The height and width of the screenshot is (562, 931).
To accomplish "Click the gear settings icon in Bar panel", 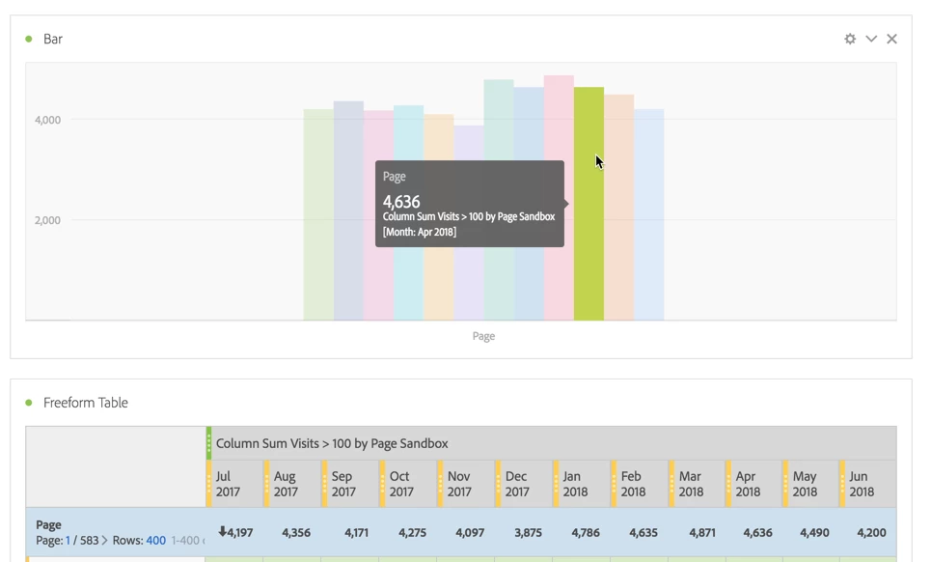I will coord(850,39).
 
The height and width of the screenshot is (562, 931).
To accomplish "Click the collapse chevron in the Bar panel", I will coord(871,39).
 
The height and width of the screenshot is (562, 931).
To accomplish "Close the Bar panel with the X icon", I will coord(891,39).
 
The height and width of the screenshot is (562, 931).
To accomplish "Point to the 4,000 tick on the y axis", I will coord(47,120).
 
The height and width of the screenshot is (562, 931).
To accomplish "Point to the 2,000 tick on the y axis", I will coord(47,220).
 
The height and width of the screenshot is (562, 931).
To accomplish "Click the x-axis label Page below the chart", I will coord(483,336).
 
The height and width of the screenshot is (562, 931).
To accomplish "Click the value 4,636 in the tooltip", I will coord(401,201).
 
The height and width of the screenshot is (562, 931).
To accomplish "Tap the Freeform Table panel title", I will coord(85,403).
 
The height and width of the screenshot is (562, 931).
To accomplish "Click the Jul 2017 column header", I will coord(229,484).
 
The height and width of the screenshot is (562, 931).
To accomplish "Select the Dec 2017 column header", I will coord(516,484).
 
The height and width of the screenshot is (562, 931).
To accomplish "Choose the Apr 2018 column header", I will coord(746,484).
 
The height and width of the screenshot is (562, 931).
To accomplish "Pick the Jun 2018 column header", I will coord(862,484).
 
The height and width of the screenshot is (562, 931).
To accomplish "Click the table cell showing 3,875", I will coord(528,532).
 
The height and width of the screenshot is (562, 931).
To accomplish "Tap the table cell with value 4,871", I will coord(702,532).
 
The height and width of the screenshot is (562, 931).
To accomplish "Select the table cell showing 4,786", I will coord(586,532).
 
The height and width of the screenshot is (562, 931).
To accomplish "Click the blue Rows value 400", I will coord(155,541).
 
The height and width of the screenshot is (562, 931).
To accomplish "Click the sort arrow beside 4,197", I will coord(222,531).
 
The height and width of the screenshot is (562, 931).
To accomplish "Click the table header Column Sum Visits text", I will coord(332,443).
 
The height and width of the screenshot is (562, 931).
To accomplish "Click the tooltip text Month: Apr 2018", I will coord(420,232).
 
